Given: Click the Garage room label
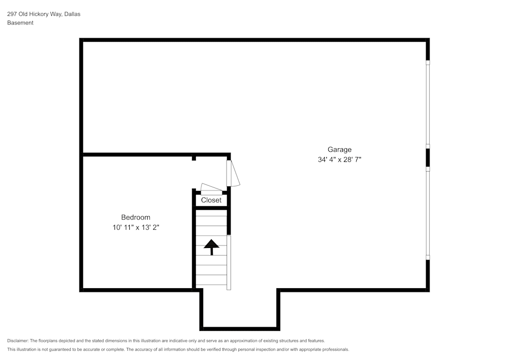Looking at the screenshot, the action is point(339,150).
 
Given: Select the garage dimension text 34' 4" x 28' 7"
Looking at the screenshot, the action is point(339,159).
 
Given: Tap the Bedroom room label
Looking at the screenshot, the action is point(136,217).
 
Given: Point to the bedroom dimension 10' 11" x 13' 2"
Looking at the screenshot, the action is point(136,227).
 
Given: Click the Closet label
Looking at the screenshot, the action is point(211,200).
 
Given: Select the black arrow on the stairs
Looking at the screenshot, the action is point(211,247).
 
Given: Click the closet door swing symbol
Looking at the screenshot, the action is point(211,189).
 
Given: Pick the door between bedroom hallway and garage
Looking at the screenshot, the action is point(233,173).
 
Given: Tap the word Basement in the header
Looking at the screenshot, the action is point(20,23).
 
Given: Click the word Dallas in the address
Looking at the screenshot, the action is point(72,14).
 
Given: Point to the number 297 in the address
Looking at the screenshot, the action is point(12,14).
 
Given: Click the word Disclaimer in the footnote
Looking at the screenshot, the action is point(18,341).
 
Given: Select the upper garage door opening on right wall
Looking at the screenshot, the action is point(428,104).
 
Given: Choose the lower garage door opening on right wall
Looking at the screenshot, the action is point(428,213).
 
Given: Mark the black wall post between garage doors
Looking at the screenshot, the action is point(428,158).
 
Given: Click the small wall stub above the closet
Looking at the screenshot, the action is point(194,158).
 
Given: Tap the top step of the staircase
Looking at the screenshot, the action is point(211,213).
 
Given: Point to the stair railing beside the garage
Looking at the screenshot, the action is point(229,262).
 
